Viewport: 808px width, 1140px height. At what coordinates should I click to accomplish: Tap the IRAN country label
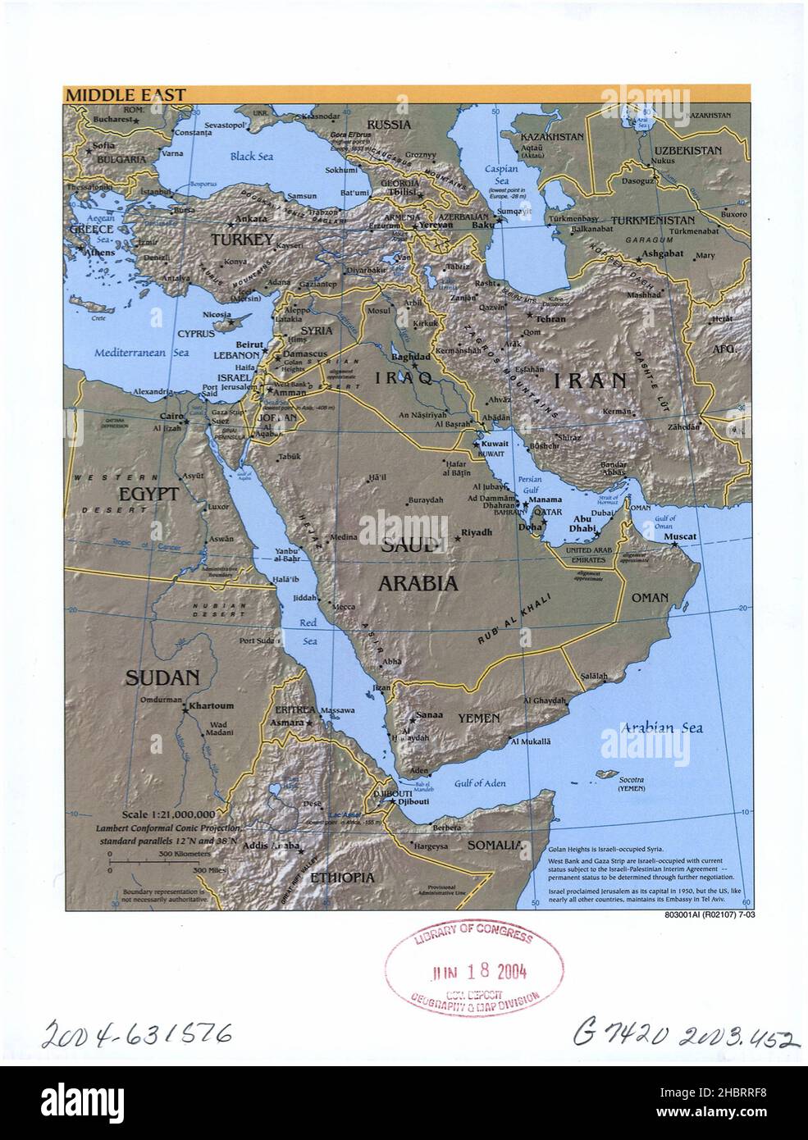pos(590,381)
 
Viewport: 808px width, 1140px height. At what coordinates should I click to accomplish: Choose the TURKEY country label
pos(241,240)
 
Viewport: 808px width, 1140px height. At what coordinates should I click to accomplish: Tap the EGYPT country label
pos(148,495)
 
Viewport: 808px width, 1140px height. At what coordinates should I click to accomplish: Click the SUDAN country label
pos(162,677)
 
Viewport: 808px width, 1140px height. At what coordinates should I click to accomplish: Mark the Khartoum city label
pos(211,705)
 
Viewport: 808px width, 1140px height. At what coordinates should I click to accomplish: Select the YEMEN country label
pos(478,718)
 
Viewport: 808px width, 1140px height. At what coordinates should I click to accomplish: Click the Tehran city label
pos(550,317)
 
